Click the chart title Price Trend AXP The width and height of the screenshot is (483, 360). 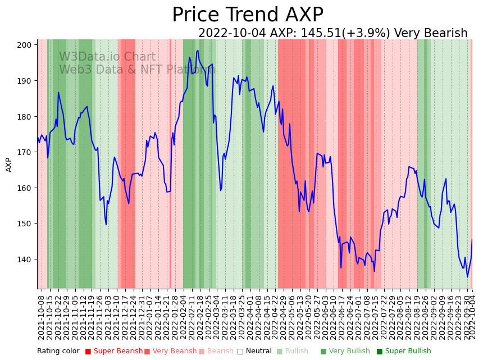click(x=247, y=15)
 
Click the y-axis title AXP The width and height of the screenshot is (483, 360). click(x=8, y=165)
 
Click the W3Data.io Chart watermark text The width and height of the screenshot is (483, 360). click(x=107, y=57)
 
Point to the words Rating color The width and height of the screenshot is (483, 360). click(x=58, y=352)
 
